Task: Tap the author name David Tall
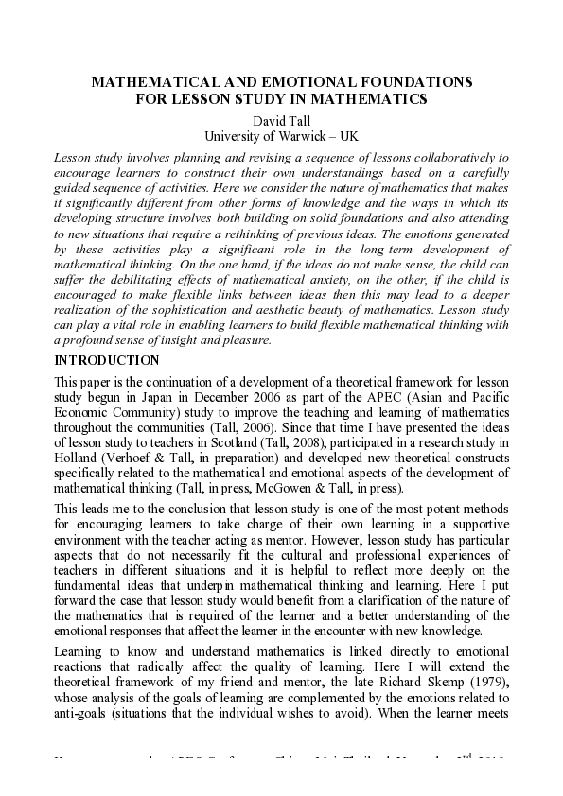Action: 281,121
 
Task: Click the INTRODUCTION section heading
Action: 107,360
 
